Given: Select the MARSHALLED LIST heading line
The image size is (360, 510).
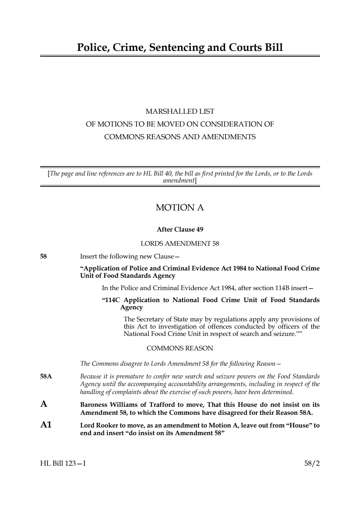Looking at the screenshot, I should pyautogui.click(x=180, y=111).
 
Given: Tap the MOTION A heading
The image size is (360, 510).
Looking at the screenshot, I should pyautogui.click(x=180, y=208).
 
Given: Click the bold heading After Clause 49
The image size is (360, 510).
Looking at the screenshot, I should pyautogui.click(x=180, y=229).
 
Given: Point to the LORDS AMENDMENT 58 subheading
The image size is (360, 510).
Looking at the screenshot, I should pyautogui.click(x=180, y=244).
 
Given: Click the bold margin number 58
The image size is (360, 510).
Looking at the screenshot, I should pyautogui.click(x=43, y=257).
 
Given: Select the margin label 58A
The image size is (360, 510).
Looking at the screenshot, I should pyautogui.click(x=46, y=377).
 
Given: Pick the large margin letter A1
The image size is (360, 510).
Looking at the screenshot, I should pyautogui.click(x=46, y=425).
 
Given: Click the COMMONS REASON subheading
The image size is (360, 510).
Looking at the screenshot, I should pyautogui.click(x=180, y=348).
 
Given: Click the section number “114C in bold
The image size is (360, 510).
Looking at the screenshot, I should pyautogui.click(x=111, y=300).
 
